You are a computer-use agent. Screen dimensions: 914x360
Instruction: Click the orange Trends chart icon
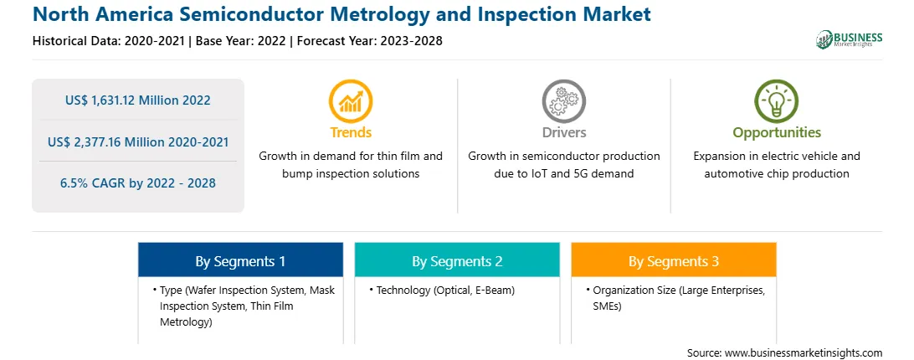click(x=351, y=100)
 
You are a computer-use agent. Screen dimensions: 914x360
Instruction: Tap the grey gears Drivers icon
click(x=563, y=100)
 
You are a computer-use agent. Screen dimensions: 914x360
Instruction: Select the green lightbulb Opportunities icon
click(x=777, y=100)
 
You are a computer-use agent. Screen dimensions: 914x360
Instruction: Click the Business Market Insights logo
click(x=850, y=39)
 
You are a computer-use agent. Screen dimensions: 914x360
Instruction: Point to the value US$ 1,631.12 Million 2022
click(x=137, y=100)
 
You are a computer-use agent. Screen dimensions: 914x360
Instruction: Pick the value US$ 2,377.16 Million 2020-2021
click(x=137, y=141)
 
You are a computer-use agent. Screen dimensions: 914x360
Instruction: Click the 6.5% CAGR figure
click(x=137, y=183)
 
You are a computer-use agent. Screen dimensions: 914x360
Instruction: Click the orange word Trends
click(x=351, y=132)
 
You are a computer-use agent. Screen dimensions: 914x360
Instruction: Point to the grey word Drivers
click(x=563, y=132)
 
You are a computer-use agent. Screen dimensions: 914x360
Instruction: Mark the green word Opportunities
click(x=777, y=133)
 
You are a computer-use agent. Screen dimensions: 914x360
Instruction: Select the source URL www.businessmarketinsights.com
click(x=804, y=352)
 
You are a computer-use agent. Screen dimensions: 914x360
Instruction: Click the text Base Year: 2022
click(x=241, y=41)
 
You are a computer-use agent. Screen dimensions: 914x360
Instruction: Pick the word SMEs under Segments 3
click(x=607, y=306)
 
